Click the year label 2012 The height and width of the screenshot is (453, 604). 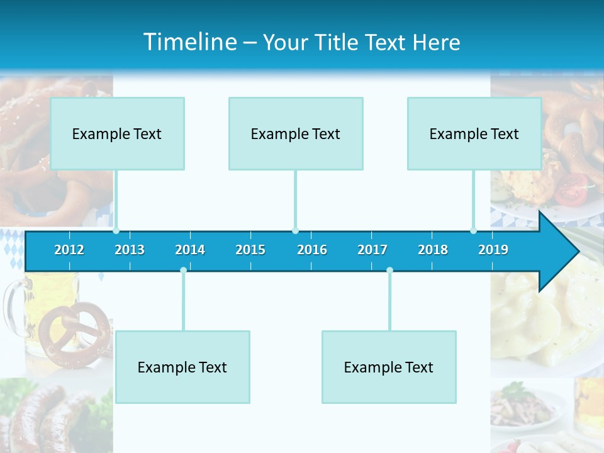(x=69, y=250)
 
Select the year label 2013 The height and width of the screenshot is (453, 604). (x=130, y=250)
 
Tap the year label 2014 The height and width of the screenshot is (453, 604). (x=190, y=250)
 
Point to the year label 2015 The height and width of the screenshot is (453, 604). (x=250, y=250)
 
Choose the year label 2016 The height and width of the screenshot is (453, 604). (x=312, y=250)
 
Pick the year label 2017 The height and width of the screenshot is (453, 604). (x=372, y=250)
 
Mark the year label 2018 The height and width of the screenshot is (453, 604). (x=433, y=250)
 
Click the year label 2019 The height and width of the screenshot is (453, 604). (x=493, y=250)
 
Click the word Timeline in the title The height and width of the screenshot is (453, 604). (x=189, y=42)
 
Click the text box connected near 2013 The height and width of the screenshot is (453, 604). (x=117, y=133)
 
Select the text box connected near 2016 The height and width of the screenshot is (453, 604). (x=296, y=133)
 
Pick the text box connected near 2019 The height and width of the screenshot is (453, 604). (x=474, y=133)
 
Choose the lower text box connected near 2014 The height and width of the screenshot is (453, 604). (x=182, y=367)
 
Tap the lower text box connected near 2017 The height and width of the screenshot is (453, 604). (x=389, y=367)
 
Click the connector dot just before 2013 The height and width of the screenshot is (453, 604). (x=116, y=231)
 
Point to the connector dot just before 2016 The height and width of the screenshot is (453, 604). (x=296, y=231)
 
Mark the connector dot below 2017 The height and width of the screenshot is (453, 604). (x=389, y=271)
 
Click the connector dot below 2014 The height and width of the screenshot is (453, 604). (x=183, y=271)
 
